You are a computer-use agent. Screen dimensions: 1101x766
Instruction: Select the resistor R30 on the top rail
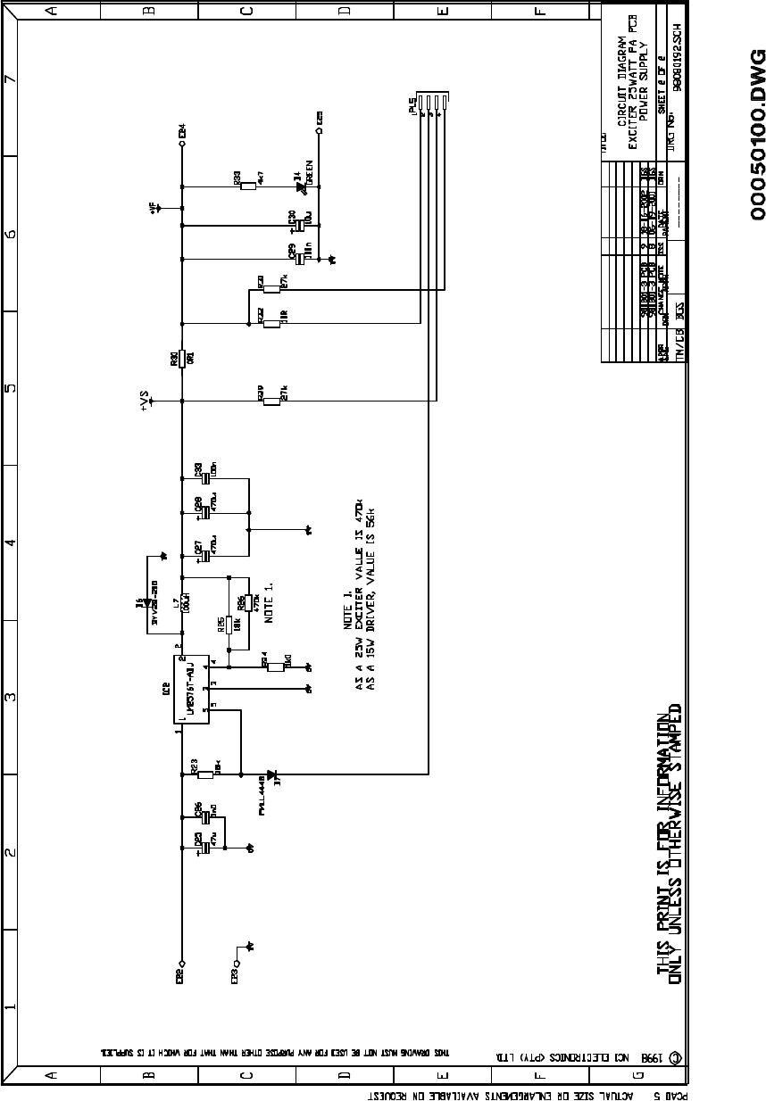pos(182,358)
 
